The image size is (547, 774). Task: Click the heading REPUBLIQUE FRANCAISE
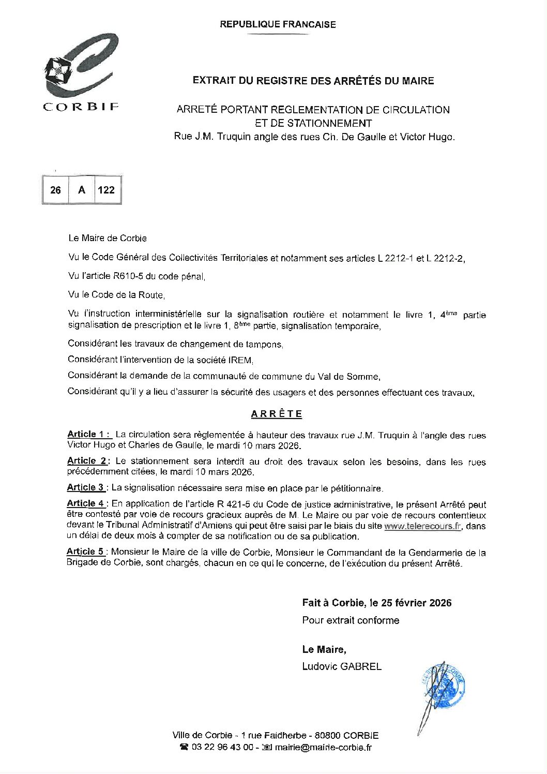click(x=278, y=24)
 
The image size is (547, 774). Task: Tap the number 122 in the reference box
click(x=106, y=190)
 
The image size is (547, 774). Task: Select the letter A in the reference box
click(x=82, y=190)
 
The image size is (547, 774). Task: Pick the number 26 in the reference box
click(x=55, y=190)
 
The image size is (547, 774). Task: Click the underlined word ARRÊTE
click(x=277, y=414)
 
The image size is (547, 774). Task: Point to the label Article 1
click(x=89, y=435)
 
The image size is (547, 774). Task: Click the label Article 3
click(x=86, y=487)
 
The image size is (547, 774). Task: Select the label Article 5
click(x=86, y=552)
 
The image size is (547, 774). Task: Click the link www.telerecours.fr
click(x=422, y=526)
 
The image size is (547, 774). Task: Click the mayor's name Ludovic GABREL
click(x=342, y=666)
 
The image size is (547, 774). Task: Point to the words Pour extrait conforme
click(x=351, y=620)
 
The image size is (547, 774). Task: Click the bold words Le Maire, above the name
click(x=324, y=649)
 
